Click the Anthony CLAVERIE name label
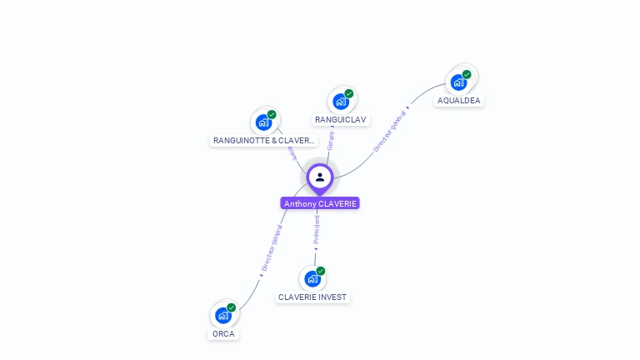[x=320, y=203]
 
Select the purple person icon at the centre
[x=320, y=177]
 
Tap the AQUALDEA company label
[x=459, y=101]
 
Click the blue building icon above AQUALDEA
[x=457, y=82]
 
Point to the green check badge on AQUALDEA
[x=467, y=75]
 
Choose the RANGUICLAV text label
[x=341, y=120]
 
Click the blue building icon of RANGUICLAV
[x=340, y=102]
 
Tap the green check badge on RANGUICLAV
[x=349, y=94]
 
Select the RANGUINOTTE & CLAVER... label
[x=264, y=141]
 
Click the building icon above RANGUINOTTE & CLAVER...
[x=263, y=122]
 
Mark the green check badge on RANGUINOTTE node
[x=272, y=115]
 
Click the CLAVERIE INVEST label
[x=312, y=297]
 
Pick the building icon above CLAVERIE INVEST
[x=312, y=278]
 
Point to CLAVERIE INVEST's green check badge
[x=321, y=271]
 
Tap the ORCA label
[x=223, y=334]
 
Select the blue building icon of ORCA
[x=222, y=315]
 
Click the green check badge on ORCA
[x=232, y=307]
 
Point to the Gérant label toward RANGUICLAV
[x=330, y=140]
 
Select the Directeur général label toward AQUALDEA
[x=390, y=131]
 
